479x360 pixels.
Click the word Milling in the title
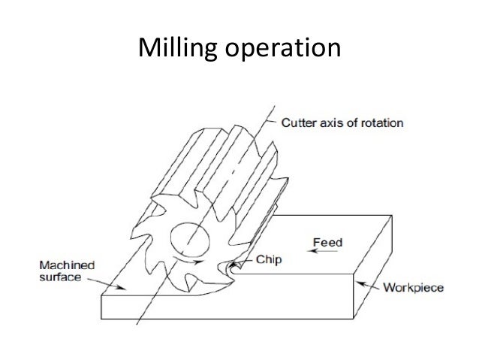click(177, 49)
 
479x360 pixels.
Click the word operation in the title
click(281, 50)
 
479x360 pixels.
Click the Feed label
click(327, 243)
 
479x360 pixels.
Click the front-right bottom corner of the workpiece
click(352, 316)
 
